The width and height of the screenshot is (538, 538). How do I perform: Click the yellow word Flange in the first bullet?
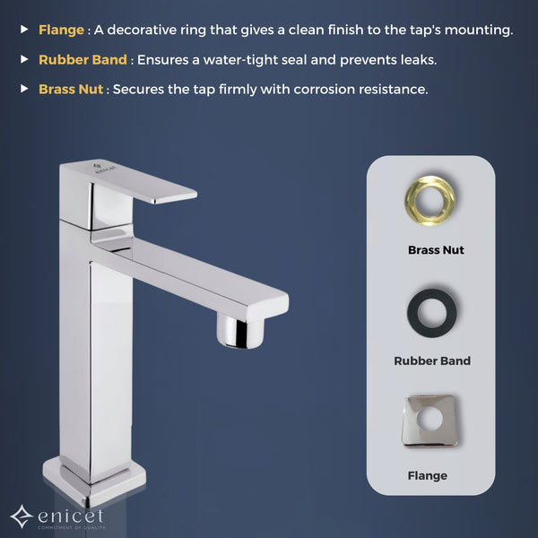pos(61,30)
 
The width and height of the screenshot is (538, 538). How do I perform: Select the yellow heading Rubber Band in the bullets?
pos(82,60)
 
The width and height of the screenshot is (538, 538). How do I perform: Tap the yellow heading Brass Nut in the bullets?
pos(71,90)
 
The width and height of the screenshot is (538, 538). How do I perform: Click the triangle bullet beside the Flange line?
pos(24,30)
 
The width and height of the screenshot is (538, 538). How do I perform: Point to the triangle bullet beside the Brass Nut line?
pos(24,89)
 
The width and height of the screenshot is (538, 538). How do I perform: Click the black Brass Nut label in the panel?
pos(436,250)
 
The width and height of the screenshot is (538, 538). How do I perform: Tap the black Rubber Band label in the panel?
pos(432,361)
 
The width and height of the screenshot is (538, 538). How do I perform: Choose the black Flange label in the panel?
pos(427,476)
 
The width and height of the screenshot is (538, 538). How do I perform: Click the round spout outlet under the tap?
pos(240,331)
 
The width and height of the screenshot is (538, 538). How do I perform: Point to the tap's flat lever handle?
pos(144,184)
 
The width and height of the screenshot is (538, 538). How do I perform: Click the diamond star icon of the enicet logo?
pos(22,516)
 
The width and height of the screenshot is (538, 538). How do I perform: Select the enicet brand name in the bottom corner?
pos(71,516)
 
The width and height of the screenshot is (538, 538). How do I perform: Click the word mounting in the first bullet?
pos(478,30)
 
